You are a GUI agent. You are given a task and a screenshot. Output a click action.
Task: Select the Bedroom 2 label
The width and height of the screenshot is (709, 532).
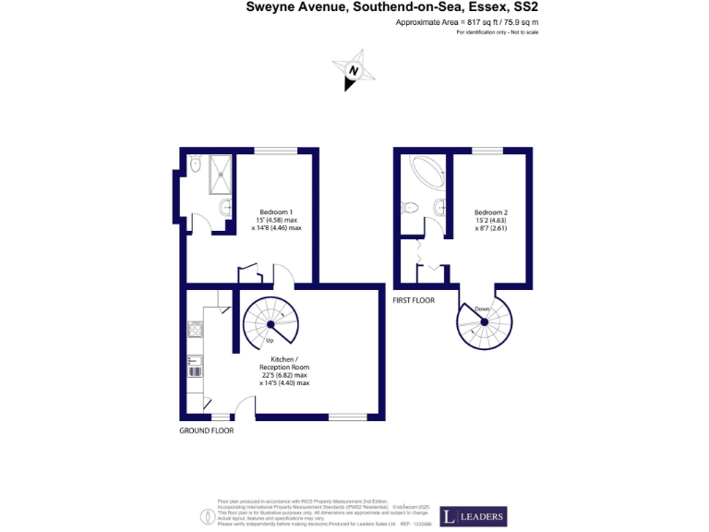(491, 212)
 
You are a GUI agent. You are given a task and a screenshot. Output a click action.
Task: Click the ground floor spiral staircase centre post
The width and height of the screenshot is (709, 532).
(270, 325)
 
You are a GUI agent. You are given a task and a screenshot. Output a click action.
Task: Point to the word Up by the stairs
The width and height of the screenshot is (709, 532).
(270, 341)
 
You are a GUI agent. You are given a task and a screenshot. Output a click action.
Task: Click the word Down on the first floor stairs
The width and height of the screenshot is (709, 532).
(482, 308)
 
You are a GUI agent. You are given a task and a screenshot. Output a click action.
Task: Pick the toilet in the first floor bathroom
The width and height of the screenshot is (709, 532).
(413, 207)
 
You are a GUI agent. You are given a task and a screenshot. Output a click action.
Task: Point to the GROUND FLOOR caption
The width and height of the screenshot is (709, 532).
(206, 430)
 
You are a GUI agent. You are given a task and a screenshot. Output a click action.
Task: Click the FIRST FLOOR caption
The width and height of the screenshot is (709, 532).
(414, 301)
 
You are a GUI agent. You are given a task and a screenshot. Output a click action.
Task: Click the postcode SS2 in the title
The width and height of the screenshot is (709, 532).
(523, 6)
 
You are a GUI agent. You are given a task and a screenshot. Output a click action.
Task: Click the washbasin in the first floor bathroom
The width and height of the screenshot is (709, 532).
(439, 207)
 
